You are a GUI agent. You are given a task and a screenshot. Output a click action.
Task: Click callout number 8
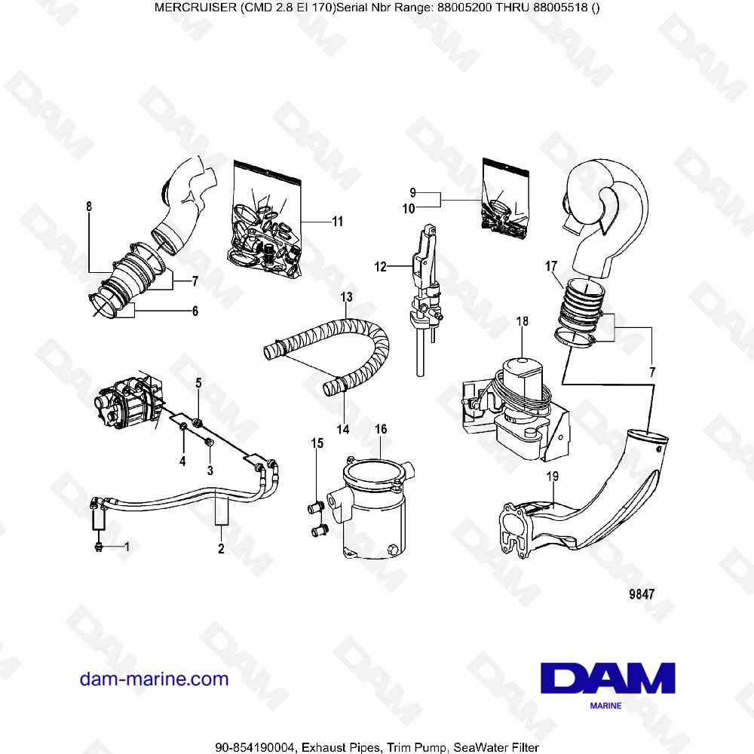[89, 206]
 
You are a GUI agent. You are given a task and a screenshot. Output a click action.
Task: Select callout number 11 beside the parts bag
[337, 222]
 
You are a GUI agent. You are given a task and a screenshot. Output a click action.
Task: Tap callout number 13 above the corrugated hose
[346, 297]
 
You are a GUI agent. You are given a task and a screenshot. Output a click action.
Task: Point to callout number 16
[381, 430]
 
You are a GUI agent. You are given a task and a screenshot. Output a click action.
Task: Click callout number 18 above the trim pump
[522, 322]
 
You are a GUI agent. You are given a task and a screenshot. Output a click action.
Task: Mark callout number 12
[381, 266]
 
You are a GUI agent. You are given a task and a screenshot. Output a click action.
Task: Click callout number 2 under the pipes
[221, 549]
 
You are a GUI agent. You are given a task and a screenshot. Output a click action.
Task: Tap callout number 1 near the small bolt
[127, 546]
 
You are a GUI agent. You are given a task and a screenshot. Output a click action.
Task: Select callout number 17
[551, 266]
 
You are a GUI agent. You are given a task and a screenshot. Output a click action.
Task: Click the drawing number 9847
[640, 593]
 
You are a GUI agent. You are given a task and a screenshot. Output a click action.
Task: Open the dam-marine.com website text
[154, 679]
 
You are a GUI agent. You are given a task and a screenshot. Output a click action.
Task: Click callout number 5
[199, 384]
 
